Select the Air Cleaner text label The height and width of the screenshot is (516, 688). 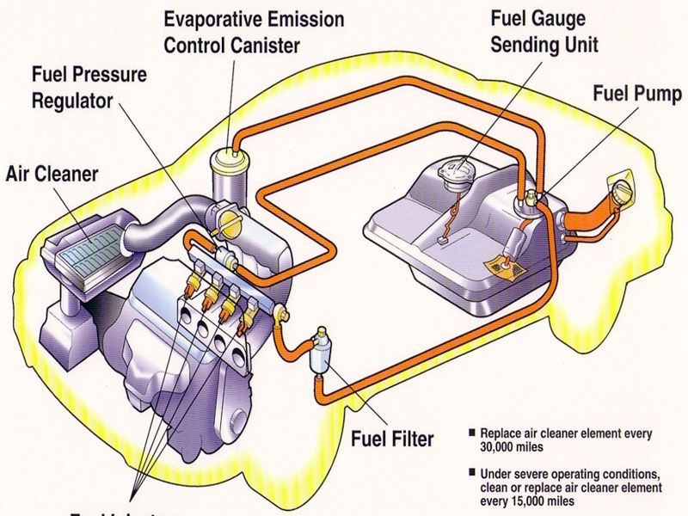click(x=52, y=175)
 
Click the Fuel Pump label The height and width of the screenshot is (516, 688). click(x=636, y=93)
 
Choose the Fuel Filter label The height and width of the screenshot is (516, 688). click(x=392, y=438)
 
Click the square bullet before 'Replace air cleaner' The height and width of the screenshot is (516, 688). click(x=471, y=433)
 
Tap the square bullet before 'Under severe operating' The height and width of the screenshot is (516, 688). click(x=471, y=473)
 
